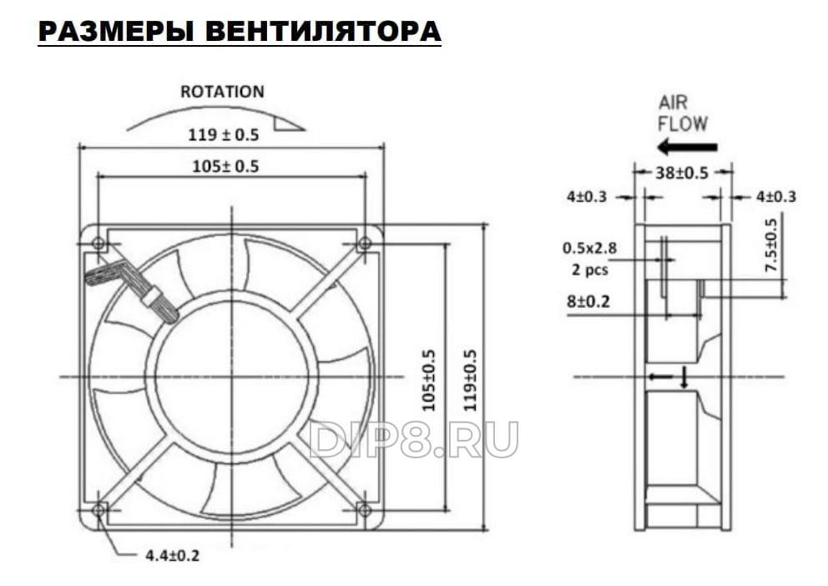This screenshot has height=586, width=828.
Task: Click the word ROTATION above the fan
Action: coord(222,91)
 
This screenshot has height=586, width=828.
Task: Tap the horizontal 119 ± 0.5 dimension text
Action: coord(224,134)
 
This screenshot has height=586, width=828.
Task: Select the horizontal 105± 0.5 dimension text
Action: coord(225,166)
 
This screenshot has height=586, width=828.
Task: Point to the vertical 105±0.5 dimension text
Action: coord(429,380)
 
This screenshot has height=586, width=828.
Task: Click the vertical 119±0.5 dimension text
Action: coord(469,380)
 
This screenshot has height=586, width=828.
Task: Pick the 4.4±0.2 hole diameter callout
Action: coord(172,555)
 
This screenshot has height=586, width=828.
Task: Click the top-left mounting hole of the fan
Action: coord(98,244)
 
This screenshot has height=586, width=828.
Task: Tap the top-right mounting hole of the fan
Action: coord(364,244)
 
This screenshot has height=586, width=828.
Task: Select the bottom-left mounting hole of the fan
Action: coord(98,510)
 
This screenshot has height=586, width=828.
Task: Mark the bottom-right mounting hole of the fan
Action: coord(364,510)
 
